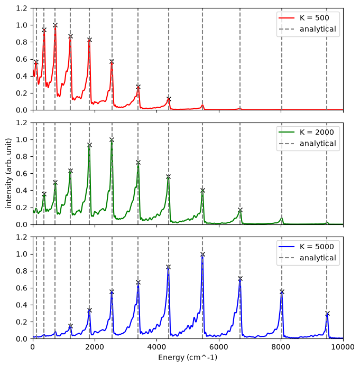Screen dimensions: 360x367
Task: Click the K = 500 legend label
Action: click(315, 18)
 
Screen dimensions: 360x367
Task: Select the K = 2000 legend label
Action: click(317, 132)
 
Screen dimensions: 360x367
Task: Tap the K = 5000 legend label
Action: click(317, 247)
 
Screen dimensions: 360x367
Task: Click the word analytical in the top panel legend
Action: click(318, 29)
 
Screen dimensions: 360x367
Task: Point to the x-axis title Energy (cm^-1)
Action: click(188, 357)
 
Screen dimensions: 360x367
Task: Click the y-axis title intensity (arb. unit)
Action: click(8, 173)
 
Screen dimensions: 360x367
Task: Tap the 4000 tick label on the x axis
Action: click(157, 347)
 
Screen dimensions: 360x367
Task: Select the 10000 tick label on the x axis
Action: click(344, 347)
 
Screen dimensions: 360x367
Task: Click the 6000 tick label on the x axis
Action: click(219, 347)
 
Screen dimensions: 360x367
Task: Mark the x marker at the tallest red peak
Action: click(55, 25)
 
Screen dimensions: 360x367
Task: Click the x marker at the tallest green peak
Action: click(112, 140)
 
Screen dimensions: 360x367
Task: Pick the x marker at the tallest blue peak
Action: click(203, 255)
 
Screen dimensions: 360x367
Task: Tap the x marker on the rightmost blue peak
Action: click(327, 313)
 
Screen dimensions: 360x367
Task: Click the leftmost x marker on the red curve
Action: click(36, 62)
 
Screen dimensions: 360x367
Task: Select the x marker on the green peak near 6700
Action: click(240, 210)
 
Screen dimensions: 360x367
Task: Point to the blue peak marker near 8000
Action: click(282, 292)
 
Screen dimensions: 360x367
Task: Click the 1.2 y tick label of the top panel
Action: click(21, 8)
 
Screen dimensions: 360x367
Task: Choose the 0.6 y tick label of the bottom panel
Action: click(21, 288)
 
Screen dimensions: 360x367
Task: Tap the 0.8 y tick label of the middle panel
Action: click(21, 157)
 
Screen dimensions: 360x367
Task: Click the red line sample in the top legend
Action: click(287, 18)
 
